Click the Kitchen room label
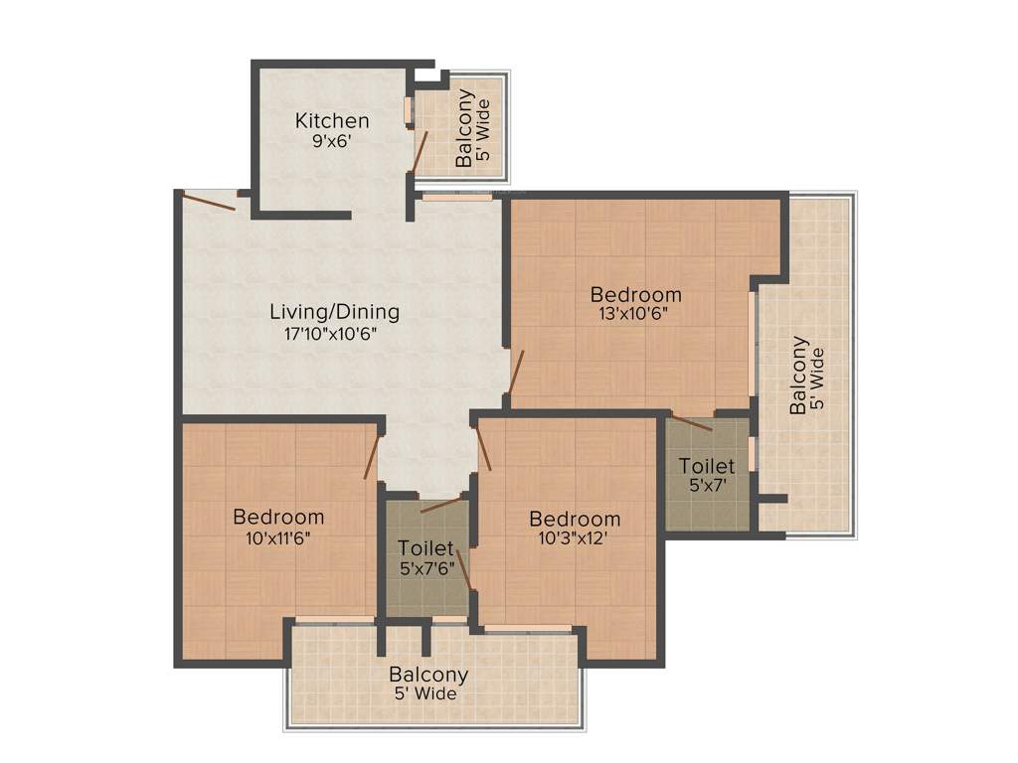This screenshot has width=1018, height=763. pyautogui.click(x=332, y=121)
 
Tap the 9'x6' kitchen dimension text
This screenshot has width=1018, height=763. pyautogui.click(x=332, y=141)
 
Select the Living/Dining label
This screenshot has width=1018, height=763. pyautogui.click(x=335, y=312)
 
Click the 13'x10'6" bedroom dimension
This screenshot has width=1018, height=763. pyautogui.click(x=636, y=314)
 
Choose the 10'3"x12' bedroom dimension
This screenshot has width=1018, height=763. pyautogui.click(x=575, y=539)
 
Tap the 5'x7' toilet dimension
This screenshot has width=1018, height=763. pyautogui.click(x=707, y=486)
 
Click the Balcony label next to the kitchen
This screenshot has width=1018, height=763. pyautogui.click(x=464, y=128)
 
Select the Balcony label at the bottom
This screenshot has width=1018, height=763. pyautogui.click(x=428, y=675)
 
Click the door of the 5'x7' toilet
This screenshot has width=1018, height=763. pyautogui.click(x=692, y=423)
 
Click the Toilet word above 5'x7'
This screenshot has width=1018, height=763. pyautogui.click(x=707, y=466)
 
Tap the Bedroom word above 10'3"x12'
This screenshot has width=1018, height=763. pyautogui.click(x=575, y=519)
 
